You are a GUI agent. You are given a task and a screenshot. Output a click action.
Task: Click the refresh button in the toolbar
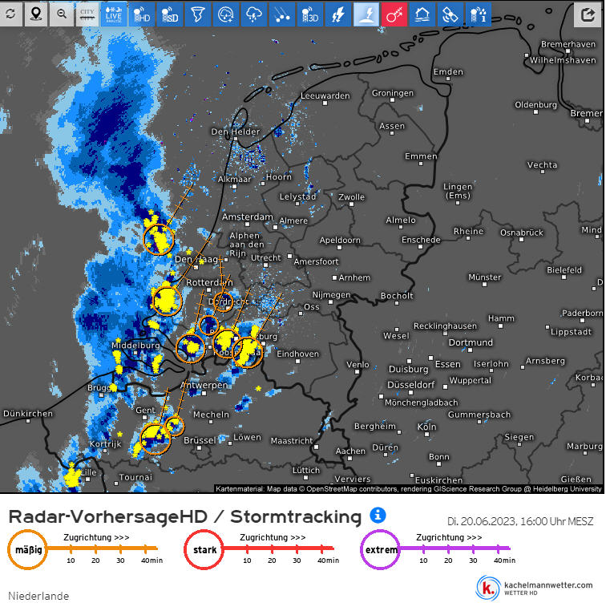10,14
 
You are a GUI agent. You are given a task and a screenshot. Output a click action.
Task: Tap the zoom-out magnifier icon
62,14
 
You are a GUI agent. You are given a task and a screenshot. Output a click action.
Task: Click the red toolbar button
394,14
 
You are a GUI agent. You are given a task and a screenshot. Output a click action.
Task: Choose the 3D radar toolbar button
309,14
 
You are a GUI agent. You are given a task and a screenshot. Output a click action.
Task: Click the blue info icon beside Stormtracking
378,515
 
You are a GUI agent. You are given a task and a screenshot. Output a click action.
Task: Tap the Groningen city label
392,94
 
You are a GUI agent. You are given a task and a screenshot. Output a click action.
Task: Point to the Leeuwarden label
325,96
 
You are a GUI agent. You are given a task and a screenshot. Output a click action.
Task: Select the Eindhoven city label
297,354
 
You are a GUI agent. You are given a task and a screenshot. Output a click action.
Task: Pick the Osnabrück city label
521,233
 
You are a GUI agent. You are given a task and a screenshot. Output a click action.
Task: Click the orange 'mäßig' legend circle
28,551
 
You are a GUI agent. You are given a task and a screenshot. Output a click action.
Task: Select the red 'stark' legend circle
204,551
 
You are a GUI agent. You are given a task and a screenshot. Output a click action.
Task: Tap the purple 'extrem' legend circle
380,551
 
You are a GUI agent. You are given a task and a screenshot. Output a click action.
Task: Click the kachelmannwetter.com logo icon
487,588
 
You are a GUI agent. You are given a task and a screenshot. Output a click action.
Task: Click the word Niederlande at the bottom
38,596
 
